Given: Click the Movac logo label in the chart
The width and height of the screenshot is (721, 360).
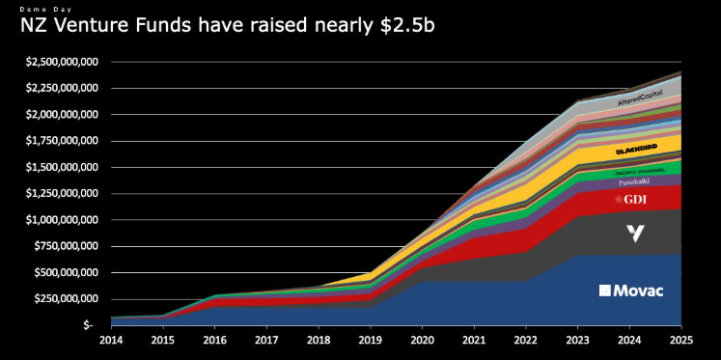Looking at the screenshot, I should pyautogui.click(x=624, y=290).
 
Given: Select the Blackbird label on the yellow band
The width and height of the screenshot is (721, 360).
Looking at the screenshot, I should pyautogui.click(x=636, y=152).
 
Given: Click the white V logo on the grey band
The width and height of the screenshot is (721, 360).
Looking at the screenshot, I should pyautogui.click(x=634, y=233).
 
